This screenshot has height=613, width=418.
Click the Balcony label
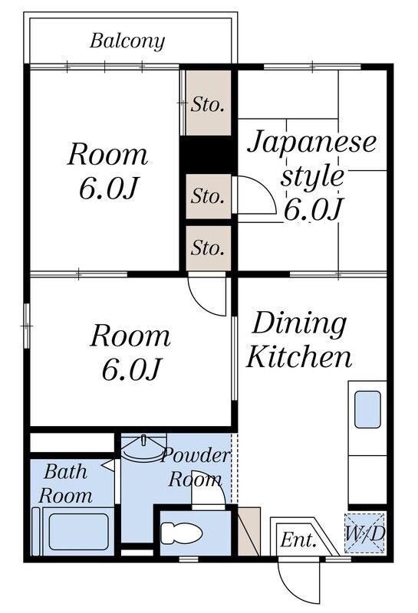127,41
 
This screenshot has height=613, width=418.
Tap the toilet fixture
181,533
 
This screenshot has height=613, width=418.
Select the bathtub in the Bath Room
78,532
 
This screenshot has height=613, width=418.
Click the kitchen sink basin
367,409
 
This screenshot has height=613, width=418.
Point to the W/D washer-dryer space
365,533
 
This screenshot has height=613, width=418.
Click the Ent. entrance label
298,540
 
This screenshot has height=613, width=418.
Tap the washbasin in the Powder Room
143,448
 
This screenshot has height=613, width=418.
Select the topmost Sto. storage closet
208,103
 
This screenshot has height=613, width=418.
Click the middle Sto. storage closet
208,196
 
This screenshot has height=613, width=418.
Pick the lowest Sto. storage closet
208,247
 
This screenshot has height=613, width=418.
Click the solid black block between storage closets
208,155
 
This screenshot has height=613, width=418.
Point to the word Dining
299,323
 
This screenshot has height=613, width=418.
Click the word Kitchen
298,356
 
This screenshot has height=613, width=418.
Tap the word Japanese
312,143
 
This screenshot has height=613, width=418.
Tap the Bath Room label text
65,484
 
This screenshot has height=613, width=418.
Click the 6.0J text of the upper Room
109,188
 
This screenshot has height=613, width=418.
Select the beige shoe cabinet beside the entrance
249,531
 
